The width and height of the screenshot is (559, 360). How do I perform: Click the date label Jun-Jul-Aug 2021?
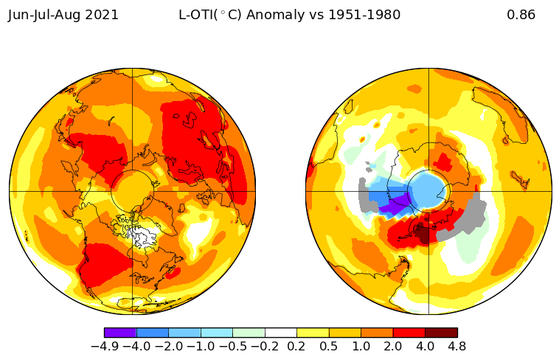click(x=63, y=15)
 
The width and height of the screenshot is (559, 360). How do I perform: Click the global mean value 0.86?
click(x=521, y=15)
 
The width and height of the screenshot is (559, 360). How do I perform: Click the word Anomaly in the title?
click(x=276, y=15)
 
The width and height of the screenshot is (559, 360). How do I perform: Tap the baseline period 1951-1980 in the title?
click(x=364, y=15)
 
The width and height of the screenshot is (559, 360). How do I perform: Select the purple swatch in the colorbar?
click(x=120, y=333)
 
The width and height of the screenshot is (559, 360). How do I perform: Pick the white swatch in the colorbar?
click(x=280, y=333)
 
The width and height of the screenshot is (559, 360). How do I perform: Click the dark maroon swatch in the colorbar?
click(x=441, y=333)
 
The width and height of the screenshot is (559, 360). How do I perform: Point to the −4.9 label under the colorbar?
click(x=105, y=347)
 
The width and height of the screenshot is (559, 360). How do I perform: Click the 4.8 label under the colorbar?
click(x=456, y=347)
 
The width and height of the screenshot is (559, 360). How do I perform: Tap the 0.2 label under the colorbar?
click(x=296, y=347)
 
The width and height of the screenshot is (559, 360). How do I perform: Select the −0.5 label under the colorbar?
click(x=232, y=347)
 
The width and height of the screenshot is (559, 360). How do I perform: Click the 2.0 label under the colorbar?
click(x=392, y=347)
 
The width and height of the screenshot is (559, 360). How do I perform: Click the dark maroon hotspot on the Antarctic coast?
click(x=423, y=234)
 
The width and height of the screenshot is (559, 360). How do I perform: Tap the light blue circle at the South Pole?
click(x=428, y=191)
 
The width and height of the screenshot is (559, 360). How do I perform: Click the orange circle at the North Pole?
click(x=132, y=192)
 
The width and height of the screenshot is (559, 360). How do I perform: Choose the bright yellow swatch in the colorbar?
click(x=313, y=333)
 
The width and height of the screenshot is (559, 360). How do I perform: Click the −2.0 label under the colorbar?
click(x=169, y=347)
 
